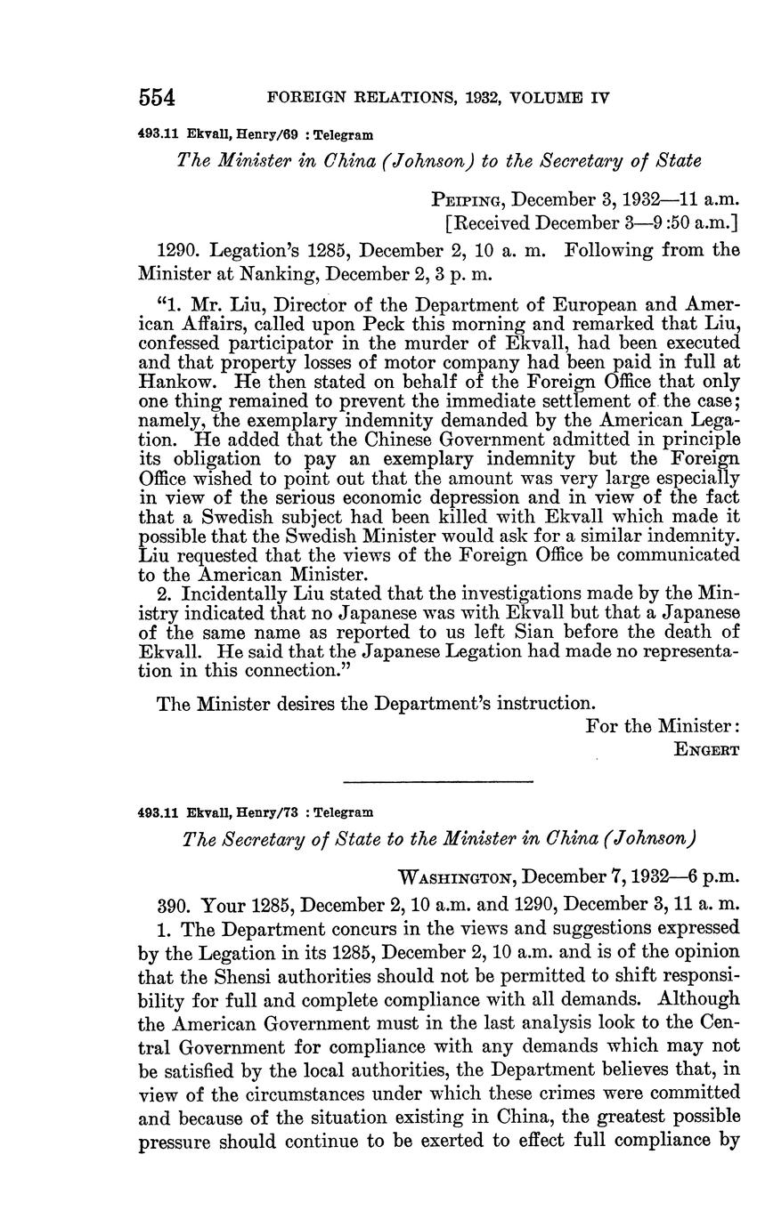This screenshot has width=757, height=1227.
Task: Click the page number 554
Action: point(157,96)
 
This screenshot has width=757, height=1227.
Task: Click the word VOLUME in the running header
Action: point(541,97)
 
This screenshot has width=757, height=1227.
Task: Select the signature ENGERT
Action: point(708,749)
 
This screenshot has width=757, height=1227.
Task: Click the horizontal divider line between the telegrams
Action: point(437,782)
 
